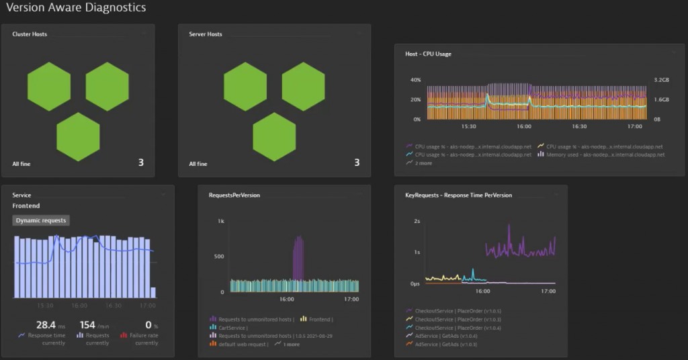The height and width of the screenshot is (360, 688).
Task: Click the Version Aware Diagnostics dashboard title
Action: pyautogui.click(x=75, y=7)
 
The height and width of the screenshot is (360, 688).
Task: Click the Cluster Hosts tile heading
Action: pyautogui.click(x=30, y=34)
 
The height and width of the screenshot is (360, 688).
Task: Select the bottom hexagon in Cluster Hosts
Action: pyautogui.click(x=78, y=136)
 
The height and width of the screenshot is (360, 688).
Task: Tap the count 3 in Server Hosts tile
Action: pyautogui.click(x=357, y=163)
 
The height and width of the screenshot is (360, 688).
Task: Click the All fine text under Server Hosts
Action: pyautogui.click(x=198, y=164)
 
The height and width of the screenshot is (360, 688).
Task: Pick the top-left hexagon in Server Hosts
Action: pyautogui.click(x=245, y=87)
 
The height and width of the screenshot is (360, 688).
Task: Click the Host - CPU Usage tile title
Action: pyautogui.click(x=428, y=54)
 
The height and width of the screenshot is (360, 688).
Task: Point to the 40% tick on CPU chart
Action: pyautogui.click(x=415, y=80)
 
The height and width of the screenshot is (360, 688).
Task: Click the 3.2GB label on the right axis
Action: pyautogui.click(x=661, y=80)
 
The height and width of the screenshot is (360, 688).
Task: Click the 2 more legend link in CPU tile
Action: pyautogui.click(x=424, y=163)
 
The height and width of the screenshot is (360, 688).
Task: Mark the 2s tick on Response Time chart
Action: pyautogui.click(x=417, y=221)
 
